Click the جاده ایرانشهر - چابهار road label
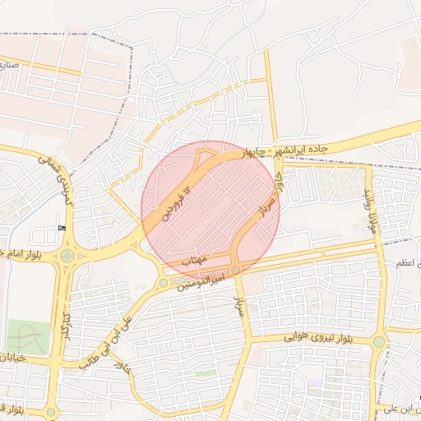[x=287, y=150]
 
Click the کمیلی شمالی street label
[x=57, y=175]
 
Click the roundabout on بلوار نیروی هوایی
[x=379, y=340]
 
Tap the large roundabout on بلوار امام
[x=67, y=256]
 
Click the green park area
[x=28, y=337]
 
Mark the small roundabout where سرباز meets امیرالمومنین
[x=236, y=270]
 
